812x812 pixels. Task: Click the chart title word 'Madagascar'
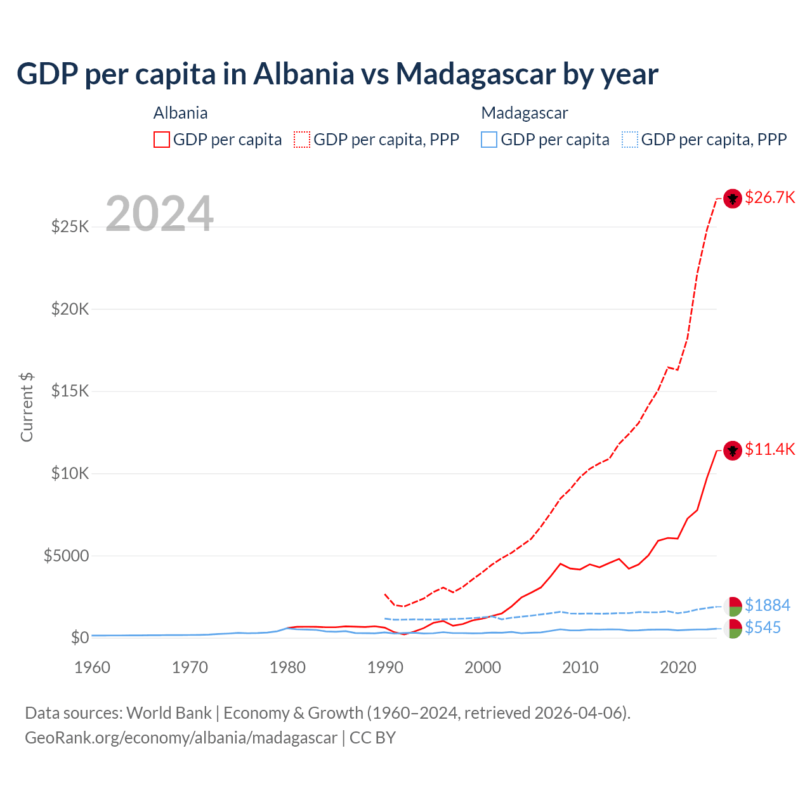(x=475, y=74)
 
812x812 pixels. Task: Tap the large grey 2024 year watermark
(x=159, y=214)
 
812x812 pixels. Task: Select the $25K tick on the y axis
(x=70, y=226)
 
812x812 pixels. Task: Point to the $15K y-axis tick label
(x=70, y=391)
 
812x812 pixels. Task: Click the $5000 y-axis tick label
(x=66, y=556)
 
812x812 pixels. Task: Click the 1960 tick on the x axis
(x=93, y=667)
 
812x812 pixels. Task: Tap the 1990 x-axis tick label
(x=385, y=667)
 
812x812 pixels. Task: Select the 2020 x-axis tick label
(x=678, y=667)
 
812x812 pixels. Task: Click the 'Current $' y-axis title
(x=27, y=407)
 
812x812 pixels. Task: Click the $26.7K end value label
(x=769, y=197)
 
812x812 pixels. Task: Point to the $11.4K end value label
(x=769, y=449)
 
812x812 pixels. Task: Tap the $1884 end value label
(x=767, y=605)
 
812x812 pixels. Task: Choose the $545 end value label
(x=763, y=627)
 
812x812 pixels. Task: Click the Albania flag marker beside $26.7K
(x=733, y=199)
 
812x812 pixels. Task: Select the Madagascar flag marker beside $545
(x=733, y=629)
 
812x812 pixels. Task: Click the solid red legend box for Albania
(x=162, y=140)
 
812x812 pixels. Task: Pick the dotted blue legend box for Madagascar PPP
(x=630, y=140)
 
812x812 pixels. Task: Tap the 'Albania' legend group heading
(x=180, y=113)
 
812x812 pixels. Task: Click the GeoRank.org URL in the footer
(x=181, y=738)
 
